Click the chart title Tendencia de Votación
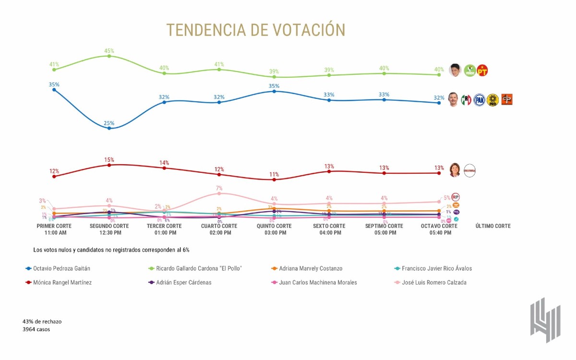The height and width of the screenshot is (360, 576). click(256, 30)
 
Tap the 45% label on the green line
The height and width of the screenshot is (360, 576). click(109, 50)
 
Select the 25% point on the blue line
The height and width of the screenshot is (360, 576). click(109, 128)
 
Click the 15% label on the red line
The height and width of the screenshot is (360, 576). click(109, 159)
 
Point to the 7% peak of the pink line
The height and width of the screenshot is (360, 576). click(219, 193)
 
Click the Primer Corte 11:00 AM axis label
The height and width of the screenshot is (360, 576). click(54, 229)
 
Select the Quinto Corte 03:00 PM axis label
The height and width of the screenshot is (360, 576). click(274, 229)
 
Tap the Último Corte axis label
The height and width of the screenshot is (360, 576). click(493, 226)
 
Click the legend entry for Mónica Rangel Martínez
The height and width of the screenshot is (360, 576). click(62, 283)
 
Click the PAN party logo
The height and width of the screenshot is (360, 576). click(479, 100)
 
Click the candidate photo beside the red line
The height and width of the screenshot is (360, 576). click(454, 170)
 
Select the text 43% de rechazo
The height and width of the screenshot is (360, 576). click(42, 321)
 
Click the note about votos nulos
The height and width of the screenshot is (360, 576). click(115, 250)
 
